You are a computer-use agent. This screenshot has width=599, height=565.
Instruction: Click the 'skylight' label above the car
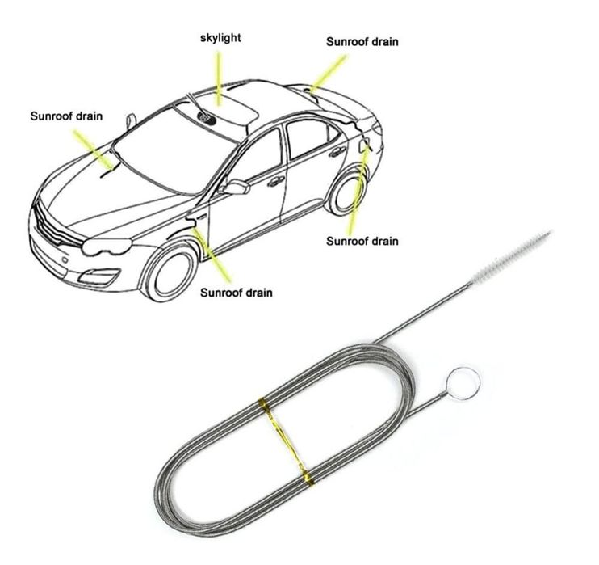220,38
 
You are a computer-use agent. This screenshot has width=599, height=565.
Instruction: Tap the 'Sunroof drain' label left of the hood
66,116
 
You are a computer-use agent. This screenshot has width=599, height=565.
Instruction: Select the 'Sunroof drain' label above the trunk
362,42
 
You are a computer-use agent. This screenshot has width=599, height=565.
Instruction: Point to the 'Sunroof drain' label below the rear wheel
362,241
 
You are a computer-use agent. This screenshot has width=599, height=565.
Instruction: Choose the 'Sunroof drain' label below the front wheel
237,293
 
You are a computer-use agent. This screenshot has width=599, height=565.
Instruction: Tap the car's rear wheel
347,192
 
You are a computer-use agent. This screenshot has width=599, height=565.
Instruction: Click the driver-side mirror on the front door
236,187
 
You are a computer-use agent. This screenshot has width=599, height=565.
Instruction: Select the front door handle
276,181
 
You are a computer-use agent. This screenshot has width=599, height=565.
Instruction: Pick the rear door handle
337,152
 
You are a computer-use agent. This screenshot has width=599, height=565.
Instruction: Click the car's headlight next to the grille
107,247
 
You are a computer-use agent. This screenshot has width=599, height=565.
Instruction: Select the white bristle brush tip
513,256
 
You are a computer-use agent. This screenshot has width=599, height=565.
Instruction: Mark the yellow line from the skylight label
219,78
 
